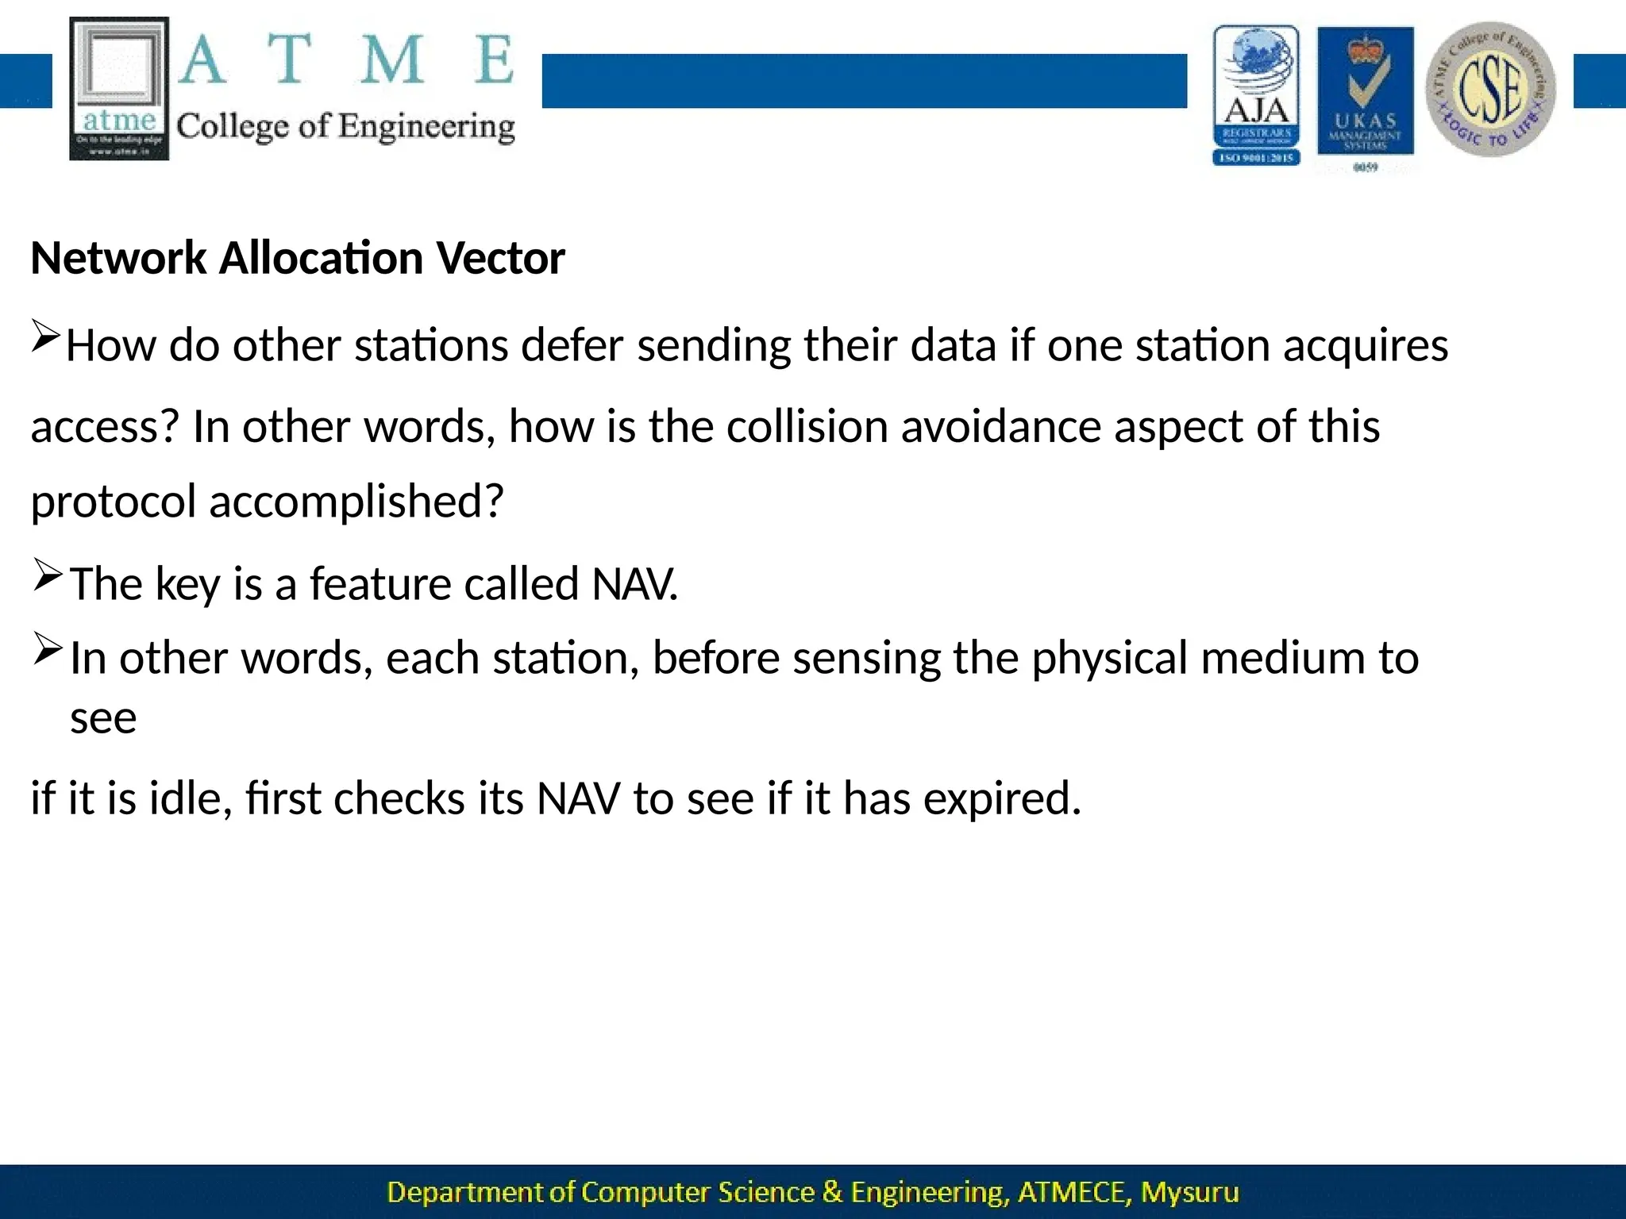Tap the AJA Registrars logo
click(x=1256, y=95)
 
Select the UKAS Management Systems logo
click(x=1366, y=95)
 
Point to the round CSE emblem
click(x=1491, y=89)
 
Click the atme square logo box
click(x=119, y=87)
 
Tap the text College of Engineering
click(x=345, y=127)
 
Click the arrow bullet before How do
click(x=45, y=336)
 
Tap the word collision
click(x=807, y=427)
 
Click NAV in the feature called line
click(x=634, y=585)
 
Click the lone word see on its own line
click(x=103, y=719)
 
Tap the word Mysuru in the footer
click(x=1189, y=1193)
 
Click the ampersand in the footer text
click(x=832, y=1193)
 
